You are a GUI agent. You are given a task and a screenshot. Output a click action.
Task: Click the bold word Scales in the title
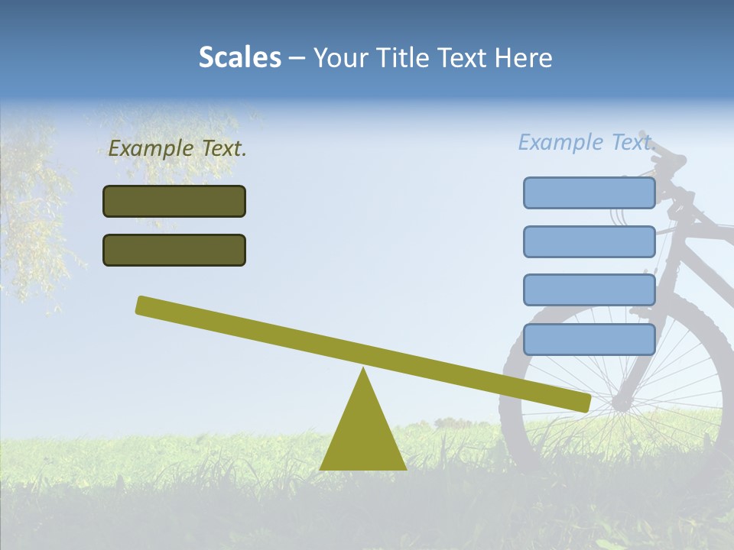[x=240, y=58]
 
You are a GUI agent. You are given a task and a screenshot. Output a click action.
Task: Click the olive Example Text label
[x=177, y=149]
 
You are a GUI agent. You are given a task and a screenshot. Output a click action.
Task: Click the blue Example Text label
[x=586, y=142]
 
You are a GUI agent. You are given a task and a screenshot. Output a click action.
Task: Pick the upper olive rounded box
[x=174, y=201]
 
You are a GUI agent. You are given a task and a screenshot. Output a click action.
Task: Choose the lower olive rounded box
[x=174, y=250]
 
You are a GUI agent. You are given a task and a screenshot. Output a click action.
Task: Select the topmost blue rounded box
[x=589, y=192]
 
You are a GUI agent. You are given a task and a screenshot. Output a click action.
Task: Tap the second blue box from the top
[x=589, y=241]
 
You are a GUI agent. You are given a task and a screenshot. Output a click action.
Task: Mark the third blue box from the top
[x=589, y=290]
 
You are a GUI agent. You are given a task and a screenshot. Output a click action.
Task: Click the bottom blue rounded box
[x=589, y=339]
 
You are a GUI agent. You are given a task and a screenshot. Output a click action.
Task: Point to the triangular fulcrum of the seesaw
[x=363, y=432]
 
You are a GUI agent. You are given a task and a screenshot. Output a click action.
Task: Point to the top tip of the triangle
[x=363, y=370]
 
